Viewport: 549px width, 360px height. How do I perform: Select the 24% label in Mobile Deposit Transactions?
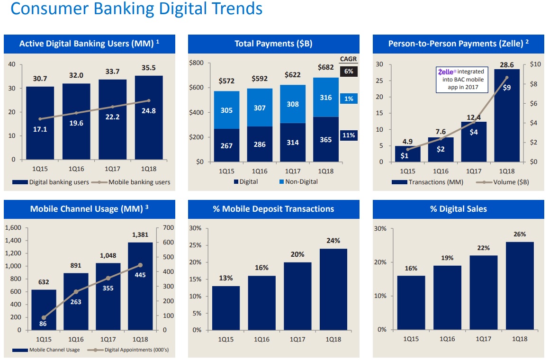[x=333, y=241]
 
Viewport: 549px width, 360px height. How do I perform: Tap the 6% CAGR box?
[x=349, y=71]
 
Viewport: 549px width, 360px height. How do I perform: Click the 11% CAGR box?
[x=349, y=135]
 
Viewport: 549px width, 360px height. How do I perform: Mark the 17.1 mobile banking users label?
[x=40, y=128]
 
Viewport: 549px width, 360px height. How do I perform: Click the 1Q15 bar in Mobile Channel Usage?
[x=44, y=310]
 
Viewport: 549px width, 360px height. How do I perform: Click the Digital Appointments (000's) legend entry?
[x=134, y=350]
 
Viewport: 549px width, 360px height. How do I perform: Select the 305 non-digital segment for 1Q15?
[x=226, y=110]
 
